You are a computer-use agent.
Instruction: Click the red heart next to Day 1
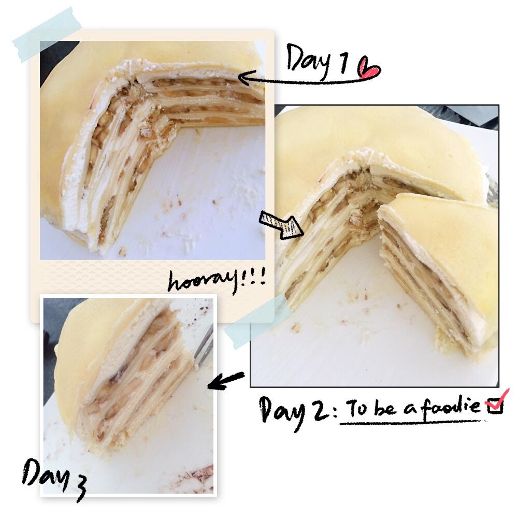[369, 68]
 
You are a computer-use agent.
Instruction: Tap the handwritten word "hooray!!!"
[217, 280]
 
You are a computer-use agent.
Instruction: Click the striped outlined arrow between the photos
[281, 225]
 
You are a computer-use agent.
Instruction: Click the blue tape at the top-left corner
[47, 34]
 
